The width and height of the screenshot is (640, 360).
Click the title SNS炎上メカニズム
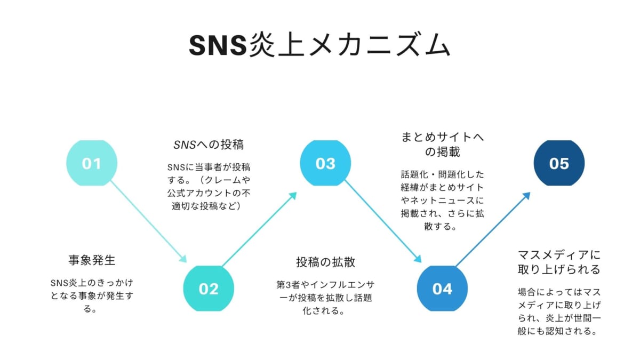point(320,46)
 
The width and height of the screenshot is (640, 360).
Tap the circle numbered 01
point(91,163)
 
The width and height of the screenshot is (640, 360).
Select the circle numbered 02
point(208,289)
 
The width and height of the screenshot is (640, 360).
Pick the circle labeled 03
point(325,163)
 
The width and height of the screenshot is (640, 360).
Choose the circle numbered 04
point(442,289)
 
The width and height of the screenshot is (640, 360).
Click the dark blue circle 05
point(559,163)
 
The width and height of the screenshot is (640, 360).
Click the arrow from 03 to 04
point(382,221)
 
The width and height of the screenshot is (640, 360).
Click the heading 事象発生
point(92,260)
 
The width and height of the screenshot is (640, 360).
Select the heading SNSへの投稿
point(209,145)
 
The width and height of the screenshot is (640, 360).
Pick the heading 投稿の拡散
point(326,262)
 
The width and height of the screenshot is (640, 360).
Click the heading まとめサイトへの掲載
point(442,145)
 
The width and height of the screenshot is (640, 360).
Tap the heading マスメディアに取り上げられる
point(559,261)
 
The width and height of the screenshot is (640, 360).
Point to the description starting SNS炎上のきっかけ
point(92,295)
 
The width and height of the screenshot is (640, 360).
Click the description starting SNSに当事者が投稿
point(209,186)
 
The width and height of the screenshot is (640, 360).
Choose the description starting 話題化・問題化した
point(442,200)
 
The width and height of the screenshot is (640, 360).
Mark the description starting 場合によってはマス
point(559,311)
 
